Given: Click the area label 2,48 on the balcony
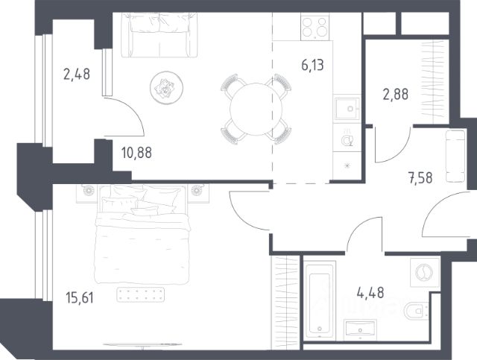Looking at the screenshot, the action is (77, 75).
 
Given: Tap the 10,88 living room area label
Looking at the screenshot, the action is (136, 153).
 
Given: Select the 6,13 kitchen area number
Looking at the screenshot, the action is (312, 65).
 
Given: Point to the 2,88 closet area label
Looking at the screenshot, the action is (396, 95).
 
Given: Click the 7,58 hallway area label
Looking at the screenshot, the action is (420, 178).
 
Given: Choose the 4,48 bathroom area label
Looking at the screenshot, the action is (370, 292).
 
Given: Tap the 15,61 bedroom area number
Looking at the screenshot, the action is (80, 297).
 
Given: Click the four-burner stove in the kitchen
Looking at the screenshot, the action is (315, 28).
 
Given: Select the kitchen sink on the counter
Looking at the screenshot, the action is (347, 109).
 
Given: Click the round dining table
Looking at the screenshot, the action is (256, 109).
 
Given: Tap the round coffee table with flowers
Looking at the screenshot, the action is (166, 88).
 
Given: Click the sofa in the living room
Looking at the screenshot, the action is (159, 35).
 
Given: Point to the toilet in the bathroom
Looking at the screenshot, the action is (417, 311).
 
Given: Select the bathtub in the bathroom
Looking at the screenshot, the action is (320, 300).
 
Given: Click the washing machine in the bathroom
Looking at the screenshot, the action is (425, 272).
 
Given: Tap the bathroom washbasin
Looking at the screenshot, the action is (361, 329).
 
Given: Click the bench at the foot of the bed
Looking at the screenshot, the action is (141, 294).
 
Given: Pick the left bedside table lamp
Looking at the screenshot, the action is (88, 191).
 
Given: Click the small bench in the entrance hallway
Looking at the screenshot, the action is (455, 156).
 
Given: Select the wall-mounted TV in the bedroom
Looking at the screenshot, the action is (143, 344).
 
